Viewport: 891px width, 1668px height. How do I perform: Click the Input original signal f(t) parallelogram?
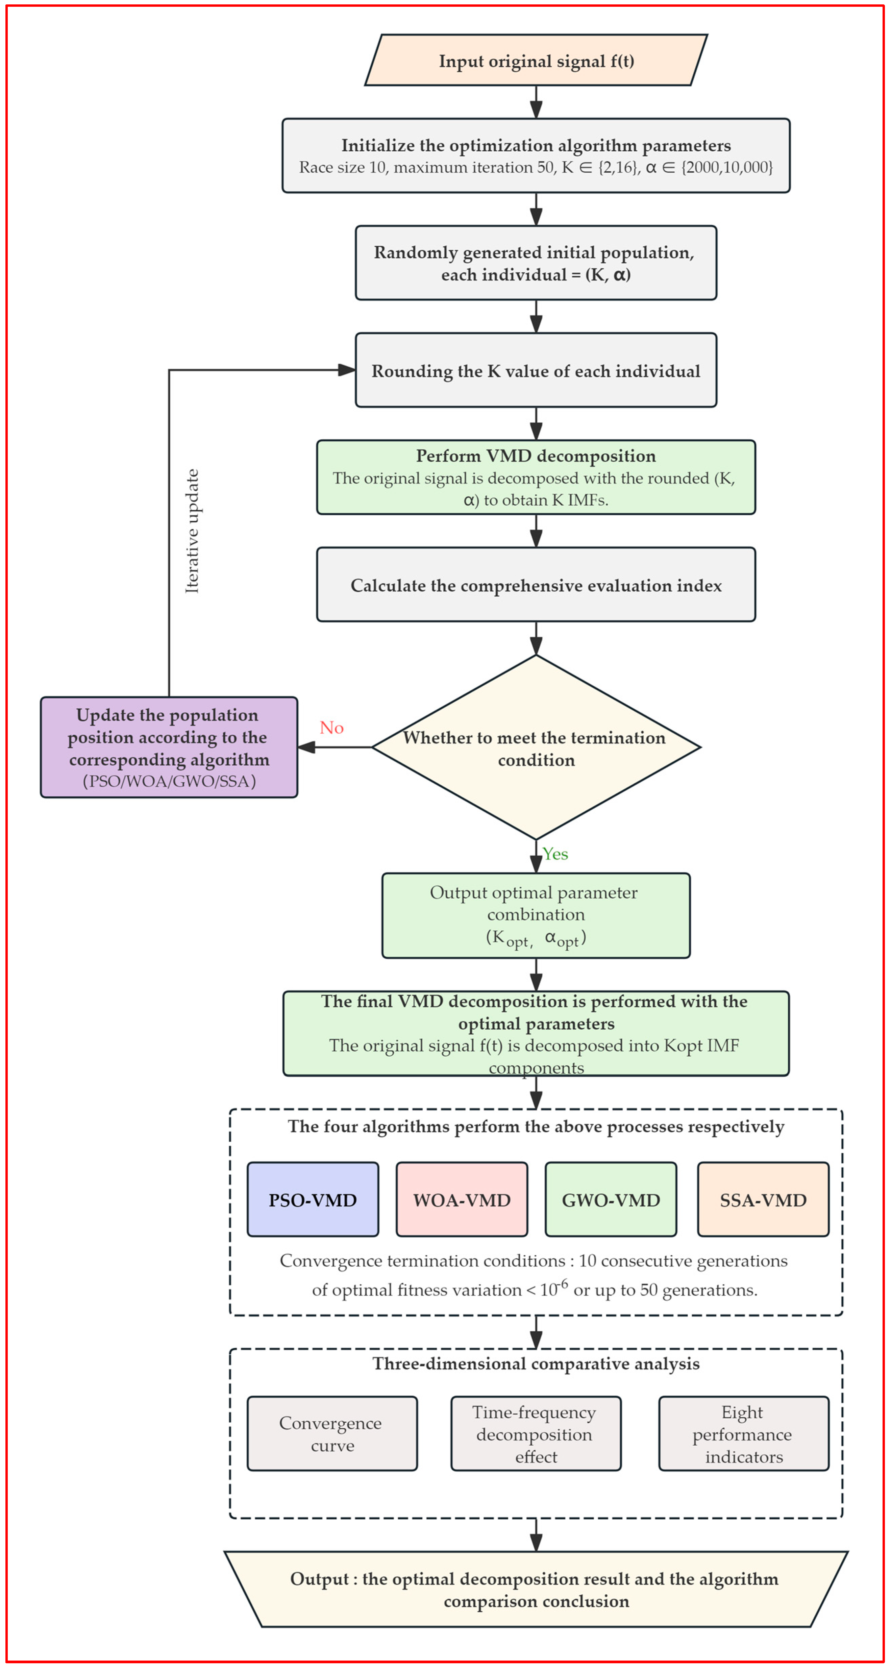(x=536, y=60)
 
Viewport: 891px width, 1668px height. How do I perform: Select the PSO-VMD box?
(x=313, y=1199)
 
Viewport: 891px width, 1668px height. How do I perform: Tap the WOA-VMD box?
(x=462, y=1199)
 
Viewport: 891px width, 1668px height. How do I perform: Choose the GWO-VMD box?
(x=611, y=1199)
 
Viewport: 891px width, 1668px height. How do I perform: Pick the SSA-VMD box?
(x=763, y=1199)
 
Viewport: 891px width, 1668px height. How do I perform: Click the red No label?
(x=331, y=728)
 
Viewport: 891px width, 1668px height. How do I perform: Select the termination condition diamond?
(x=536, y=747)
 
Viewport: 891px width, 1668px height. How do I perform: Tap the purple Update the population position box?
(x=169, y=747)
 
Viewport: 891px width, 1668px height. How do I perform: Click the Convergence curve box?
(x=332, y=1433)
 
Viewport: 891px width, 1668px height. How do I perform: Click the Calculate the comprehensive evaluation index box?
(x=536, y=585)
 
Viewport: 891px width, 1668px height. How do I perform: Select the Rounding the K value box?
(x=536, y=370)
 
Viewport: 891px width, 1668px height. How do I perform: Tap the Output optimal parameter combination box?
(x=536, y=915)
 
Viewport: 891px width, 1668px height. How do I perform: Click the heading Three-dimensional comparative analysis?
(x=536, y=1364)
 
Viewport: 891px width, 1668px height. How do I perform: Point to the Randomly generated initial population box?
(x=536, y=263)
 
